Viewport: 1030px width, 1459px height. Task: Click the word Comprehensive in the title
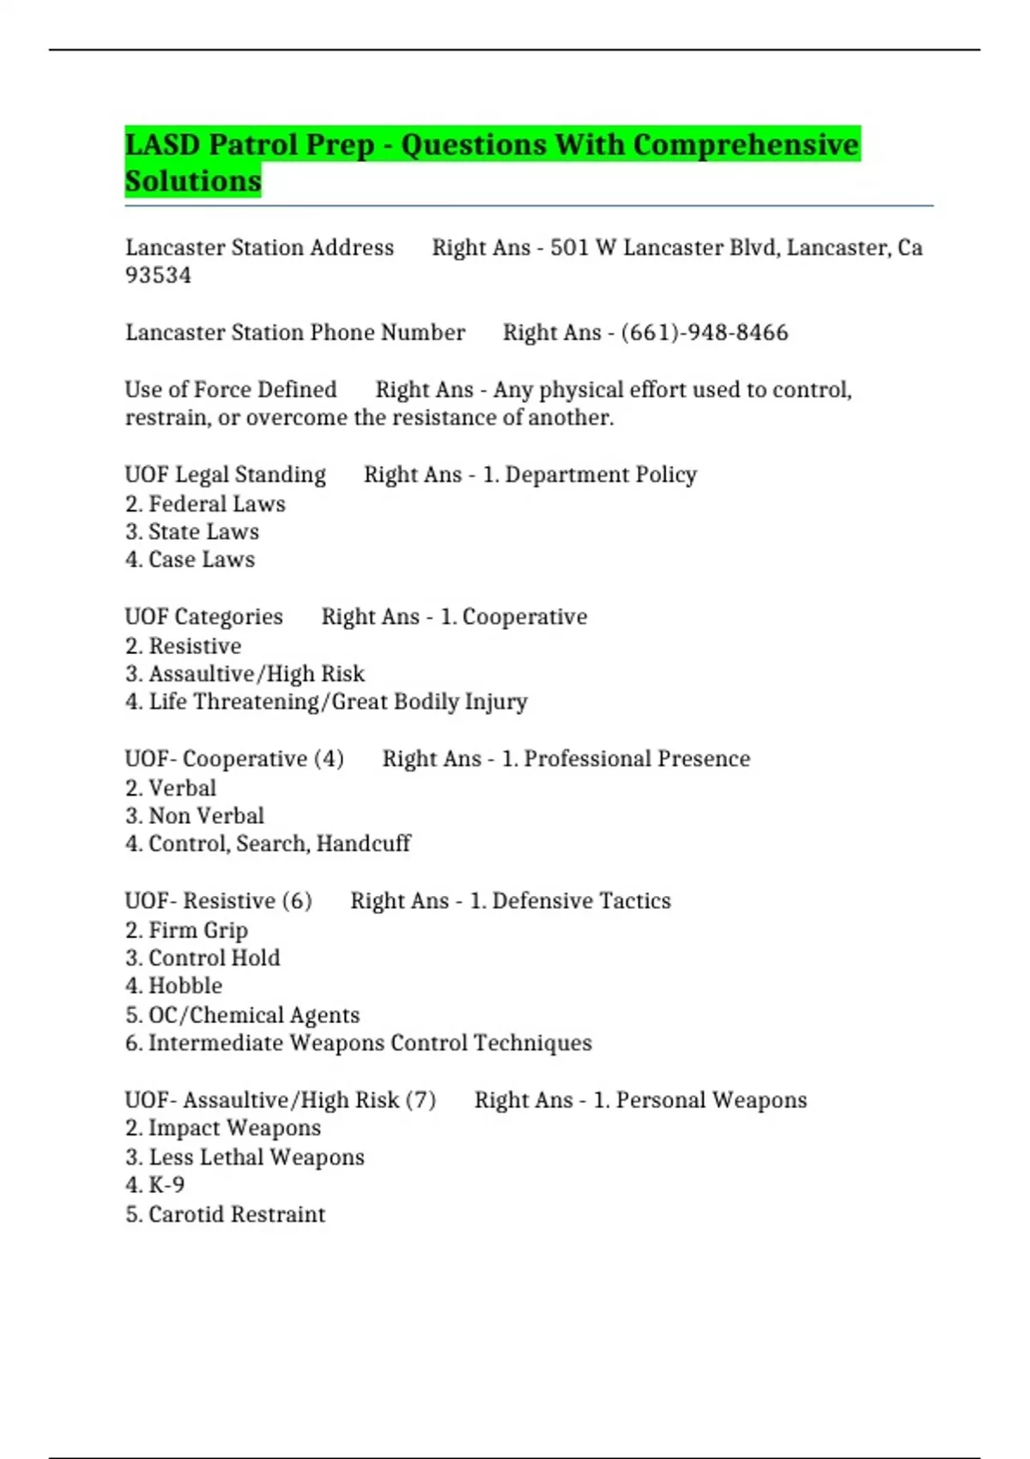click(x=746, y=144)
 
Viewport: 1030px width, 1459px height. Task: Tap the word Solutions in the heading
click(x=193, y=181)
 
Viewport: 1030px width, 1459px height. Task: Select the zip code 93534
click(x=158, y=275)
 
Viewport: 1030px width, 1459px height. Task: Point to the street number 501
click(x=568, y=248)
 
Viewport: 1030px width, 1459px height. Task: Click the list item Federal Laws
click(x=216, y=504)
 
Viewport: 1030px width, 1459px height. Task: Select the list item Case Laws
click(x=201, y=560)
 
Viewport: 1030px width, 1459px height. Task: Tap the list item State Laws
click(x=203, y=532)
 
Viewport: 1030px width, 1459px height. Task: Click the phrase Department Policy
click(x=601, y=475)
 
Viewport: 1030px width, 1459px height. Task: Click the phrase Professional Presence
click(x=637, y=759)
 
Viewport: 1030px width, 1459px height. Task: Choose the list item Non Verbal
click(x=206, y=815)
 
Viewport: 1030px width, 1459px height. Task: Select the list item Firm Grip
click(x=198, y=930)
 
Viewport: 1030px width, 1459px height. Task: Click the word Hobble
click(x=185, y=986)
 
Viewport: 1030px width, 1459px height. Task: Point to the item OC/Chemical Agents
click(x=253, y=1015)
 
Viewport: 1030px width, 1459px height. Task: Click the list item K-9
click(x=167, y=1185)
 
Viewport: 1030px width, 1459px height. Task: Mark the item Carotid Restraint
click(x=236, y=1214)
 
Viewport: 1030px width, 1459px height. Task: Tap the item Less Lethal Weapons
click(x=256, y=1157)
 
